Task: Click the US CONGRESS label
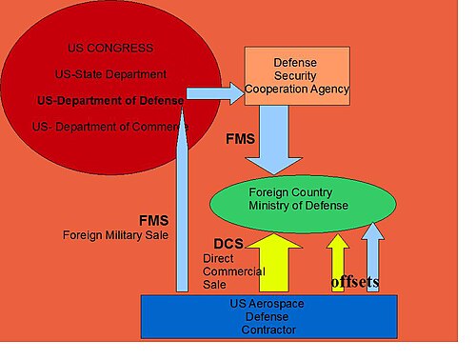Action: (110, 48)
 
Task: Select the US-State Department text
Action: (110, 74)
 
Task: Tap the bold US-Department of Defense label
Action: (110, 101)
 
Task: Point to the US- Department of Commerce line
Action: (110, 127)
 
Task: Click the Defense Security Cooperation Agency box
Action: (297, 76)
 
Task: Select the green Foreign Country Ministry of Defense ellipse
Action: (303, 204)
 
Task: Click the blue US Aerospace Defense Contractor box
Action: (269, 316)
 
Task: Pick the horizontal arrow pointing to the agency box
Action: (215, 93)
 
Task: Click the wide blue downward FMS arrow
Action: (274, 140)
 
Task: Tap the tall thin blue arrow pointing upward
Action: (182, 199)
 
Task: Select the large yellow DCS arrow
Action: (274, 263)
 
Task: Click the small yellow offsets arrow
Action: (338, 263)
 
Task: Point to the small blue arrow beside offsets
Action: (373, 257)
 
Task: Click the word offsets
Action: (355, 282)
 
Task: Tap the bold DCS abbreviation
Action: (228, 244)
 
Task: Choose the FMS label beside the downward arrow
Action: (240, 139)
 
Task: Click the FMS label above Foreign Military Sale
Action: (154, 220)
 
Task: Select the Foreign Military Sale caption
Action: (115, 235)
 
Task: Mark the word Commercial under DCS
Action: (234, 271)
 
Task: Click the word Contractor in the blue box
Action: (268, 330)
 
